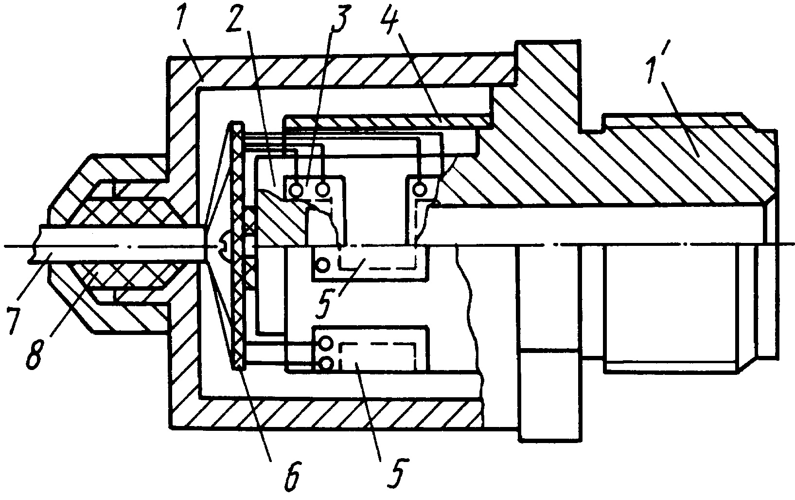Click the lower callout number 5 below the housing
[396, 475]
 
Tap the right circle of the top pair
[322, 189]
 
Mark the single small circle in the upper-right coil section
[420, 189]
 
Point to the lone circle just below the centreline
[323, 264]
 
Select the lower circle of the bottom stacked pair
[326, 363]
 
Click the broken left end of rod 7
[33, 245]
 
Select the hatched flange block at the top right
[548, 88]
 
